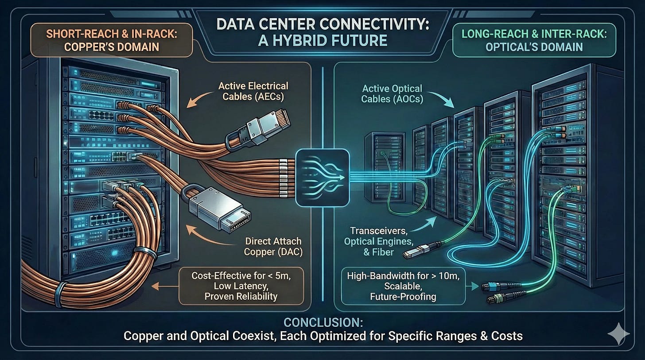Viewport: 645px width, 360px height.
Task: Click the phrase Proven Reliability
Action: point(241,297)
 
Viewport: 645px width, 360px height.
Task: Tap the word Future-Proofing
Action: point(403,297)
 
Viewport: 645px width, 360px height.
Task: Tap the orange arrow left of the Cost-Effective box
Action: point(160,286)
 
